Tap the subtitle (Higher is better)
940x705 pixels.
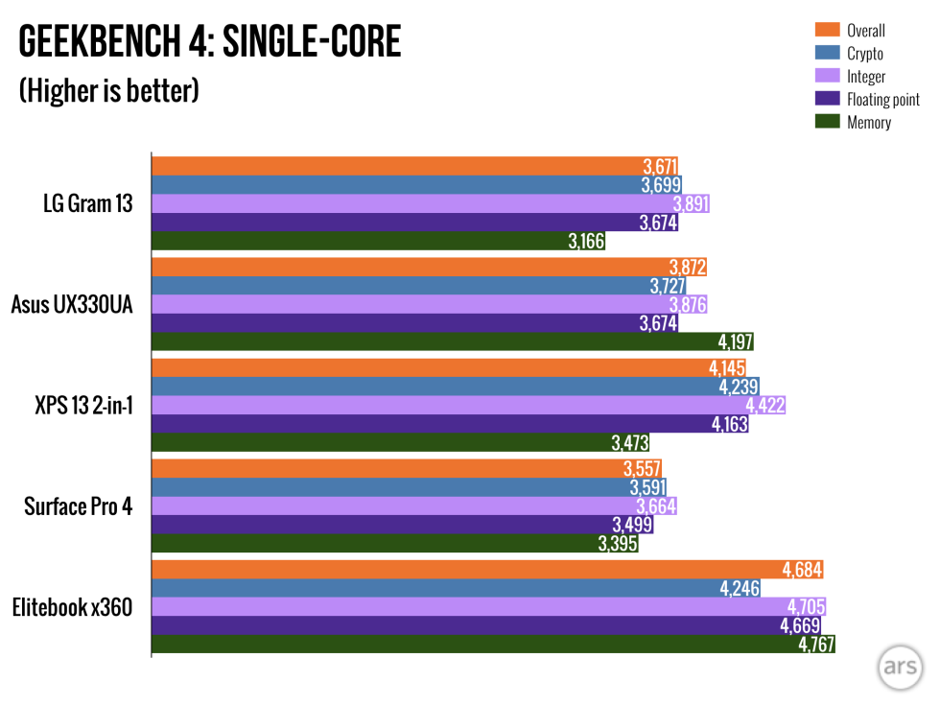coord(108,91)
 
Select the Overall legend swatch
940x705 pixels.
coord(827,29)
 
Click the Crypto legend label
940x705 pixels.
coord(865,54)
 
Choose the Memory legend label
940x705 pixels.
coord(869,122)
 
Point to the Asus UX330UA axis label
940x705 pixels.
coord(72,305)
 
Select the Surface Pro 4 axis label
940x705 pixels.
coord(79,505)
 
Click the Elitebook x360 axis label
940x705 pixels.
coord(73,607)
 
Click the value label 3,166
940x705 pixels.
coord(586,242)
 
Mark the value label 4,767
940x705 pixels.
coord(815,645)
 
